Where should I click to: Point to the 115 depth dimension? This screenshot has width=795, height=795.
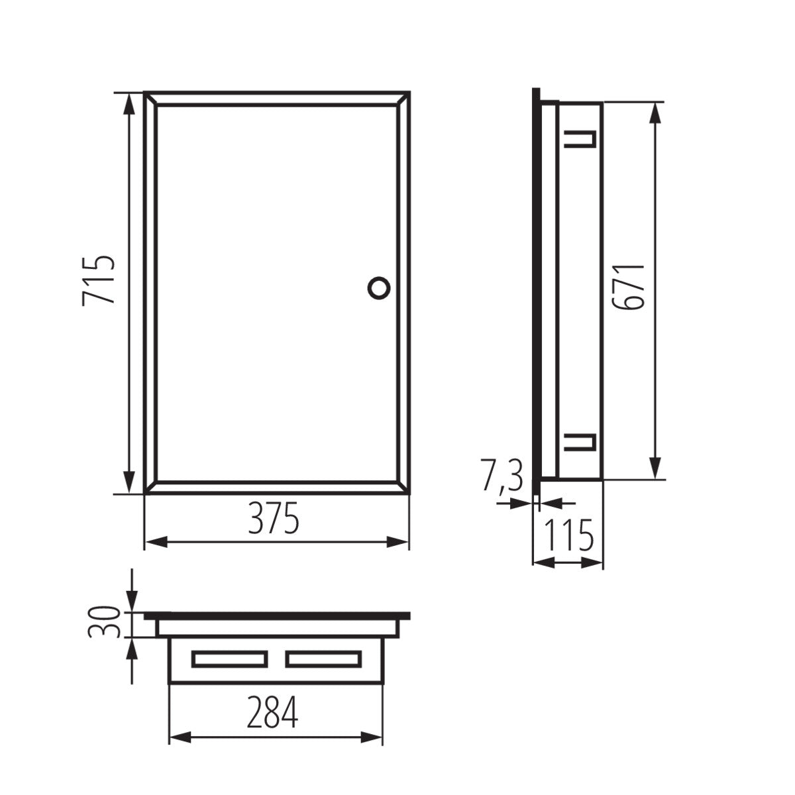tap(568, 536)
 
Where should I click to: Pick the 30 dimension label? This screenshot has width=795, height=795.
tap(103, 621)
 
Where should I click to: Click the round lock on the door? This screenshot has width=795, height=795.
tap(379, 288)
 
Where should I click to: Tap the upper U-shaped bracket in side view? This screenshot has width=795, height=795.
tap(580, 138)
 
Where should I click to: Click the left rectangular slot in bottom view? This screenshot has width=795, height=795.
tap(229, 659)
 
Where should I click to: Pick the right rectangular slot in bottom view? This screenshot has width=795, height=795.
tap(323, 659)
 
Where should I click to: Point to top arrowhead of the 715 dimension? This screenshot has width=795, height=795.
tap(131, 100)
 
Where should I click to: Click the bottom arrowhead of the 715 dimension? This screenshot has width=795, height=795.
tap(131, 485)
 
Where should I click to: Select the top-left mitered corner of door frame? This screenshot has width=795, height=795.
tap(150, 98)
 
